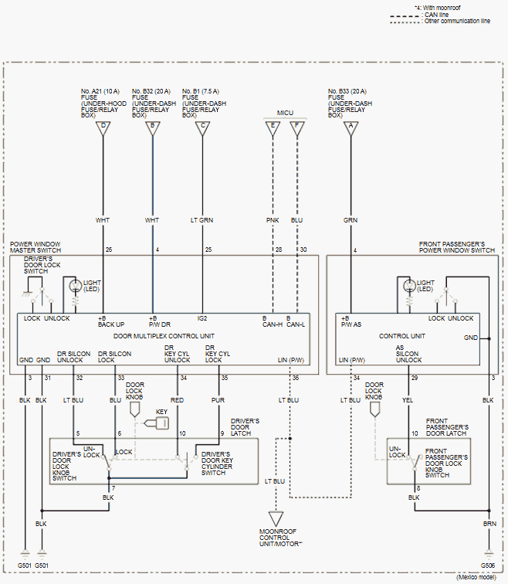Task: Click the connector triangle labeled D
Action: (103, 127)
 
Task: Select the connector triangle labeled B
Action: (152, 127)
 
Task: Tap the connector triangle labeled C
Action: (202, 127)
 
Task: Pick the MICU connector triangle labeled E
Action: (272, 127)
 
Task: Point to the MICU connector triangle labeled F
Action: (297, 127)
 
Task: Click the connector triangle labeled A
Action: (351, 127)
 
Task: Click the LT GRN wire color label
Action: (202, 220)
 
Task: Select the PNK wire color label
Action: (272, 220)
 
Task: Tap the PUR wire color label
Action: (218, 400)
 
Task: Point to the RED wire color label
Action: (178, 400)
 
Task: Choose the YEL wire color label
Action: (408, 400)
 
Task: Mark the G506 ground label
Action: (488, 565)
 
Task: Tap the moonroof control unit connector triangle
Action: (276, 519)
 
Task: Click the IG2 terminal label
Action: (202, 318)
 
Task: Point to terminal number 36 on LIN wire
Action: (295, 378)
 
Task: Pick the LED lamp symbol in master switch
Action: (75, 286)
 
